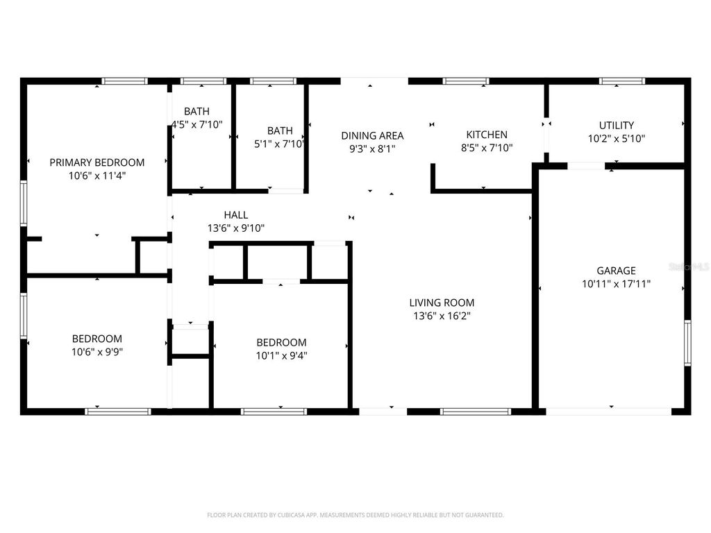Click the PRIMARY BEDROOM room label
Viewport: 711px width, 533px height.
click(97, 162)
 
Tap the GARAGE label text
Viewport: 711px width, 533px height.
click(616, 271)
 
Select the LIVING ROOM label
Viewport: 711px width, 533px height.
click(442, 303)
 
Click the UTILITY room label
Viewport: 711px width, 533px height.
click(617, 126)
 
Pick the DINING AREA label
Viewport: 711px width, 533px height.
click(372, 135)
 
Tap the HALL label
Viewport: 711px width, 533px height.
click(236, 215)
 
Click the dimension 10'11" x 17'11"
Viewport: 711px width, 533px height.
click(616, 284)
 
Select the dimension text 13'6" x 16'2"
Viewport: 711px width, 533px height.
click(442, 316)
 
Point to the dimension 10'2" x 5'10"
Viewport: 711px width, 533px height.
click(617, 138)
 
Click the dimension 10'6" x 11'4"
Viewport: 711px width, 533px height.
click(97, 176)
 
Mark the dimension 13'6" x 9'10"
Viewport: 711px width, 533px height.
click(236, 228)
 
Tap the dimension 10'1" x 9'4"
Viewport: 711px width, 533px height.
click(281, 355)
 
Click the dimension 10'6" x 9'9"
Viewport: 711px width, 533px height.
click(97, 352)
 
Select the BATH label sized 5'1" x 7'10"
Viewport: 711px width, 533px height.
click(280, 130)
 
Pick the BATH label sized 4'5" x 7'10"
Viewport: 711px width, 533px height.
click(196, 112)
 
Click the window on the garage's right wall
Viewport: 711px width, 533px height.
click(687, 342)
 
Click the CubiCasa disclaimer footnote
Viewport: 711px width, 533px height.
click(355, 515)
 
